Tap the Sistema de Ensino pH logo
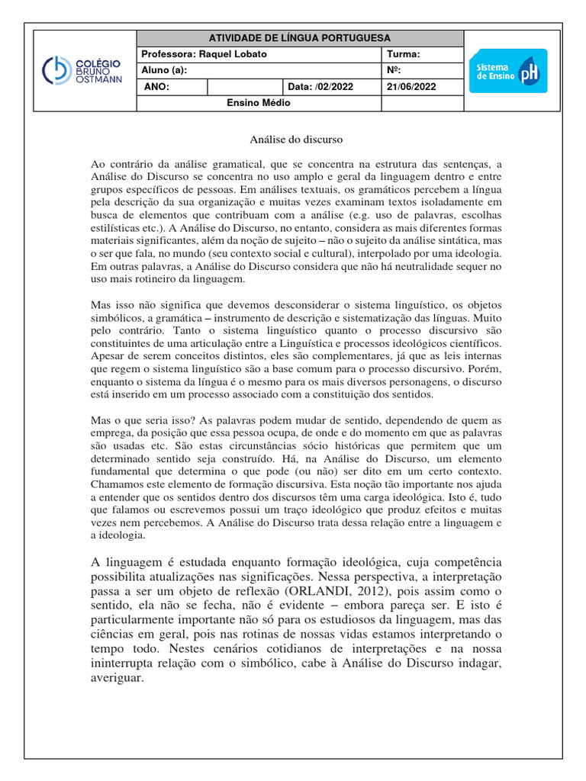[507, 71]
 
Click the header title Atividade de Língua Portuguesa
[299, 38]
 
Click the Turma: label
[404, 54]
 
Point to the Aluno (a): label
[164, 70]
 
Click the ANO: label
[156, 87]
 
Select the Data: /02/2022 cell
[321, 87]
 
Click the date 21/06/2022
[411, 87]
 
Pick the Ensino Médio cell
[259, 103]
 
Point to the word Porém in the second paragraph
[485, 369]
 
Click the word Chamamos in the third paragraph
[114, 485]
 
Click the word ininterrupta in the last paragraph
[124, 664]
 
